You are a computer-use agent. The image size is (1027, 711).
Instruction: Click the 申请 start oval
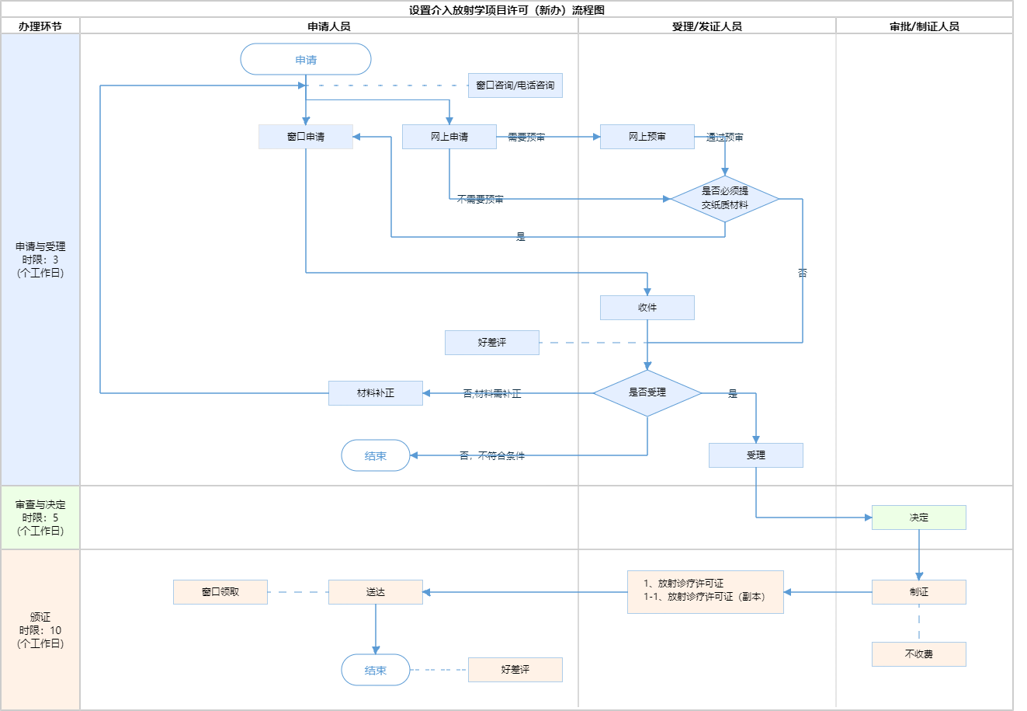[306, 60]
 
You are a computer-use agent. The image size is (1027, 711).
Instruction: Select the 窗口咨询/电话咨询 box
[515, 85]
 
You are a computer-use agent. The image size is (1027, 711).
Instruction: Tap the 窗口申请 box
[306, 137]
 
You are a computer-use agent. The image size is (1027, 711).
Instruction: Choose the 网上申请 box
[449, 137]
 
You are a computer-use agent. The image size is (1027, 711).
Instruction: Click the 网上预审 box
[647, 137]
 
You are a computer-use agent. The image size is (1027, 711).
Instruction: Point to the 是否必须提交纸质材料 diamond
[725, 199]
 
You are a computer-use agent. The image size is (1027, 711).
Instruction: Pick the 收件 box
[647, 308]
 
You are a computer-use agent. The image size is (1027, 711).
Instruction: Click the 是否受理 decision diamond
[647, 393]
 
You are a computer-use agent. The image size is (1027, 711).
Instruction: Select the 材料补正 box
[376, 393]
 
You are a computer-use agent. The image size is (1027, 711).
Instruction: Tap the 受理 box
[755, 455]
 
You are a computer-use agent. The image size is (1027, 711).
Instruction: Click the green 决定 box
[918, 518]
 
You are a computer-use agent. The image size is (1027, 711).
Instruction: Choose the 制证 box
[918, 592]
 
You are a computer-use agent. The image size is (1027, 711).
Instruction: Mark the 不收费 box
[918, 654]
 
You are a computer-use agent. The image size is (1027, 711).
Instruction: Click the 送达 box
[376, 592]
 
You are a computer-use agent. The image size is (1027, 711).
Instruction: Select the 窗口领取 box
[220, 592]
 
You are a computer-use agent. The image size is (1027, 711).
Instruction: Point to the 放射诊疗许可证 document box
[705, 592]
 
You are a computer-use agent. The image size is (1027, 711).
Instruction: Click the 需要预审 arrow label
[526, 138]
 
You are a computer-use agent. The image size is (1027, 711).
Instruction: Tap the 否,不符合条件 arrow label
[492, 456]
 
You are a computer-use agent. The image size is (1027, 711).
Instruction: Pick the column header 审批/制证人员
[924, 26]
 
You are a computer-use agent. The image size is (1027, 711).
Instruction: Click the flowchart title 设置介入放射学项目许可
[507, 10]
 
